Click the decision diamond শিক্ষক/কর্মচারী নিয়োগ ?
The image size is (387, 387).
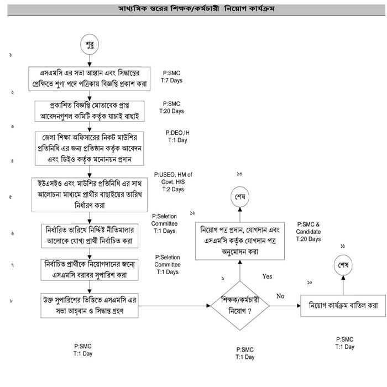(x=239, y=306)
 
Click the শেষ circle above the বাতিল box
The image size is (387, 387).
(x=343, y=266)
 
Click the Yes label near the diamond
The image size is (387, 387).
(x=267, y=275)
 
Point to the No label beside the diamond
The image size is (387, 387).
(x=280, y=296)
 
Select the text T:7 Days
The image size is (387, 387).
(x=176, y=81)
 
